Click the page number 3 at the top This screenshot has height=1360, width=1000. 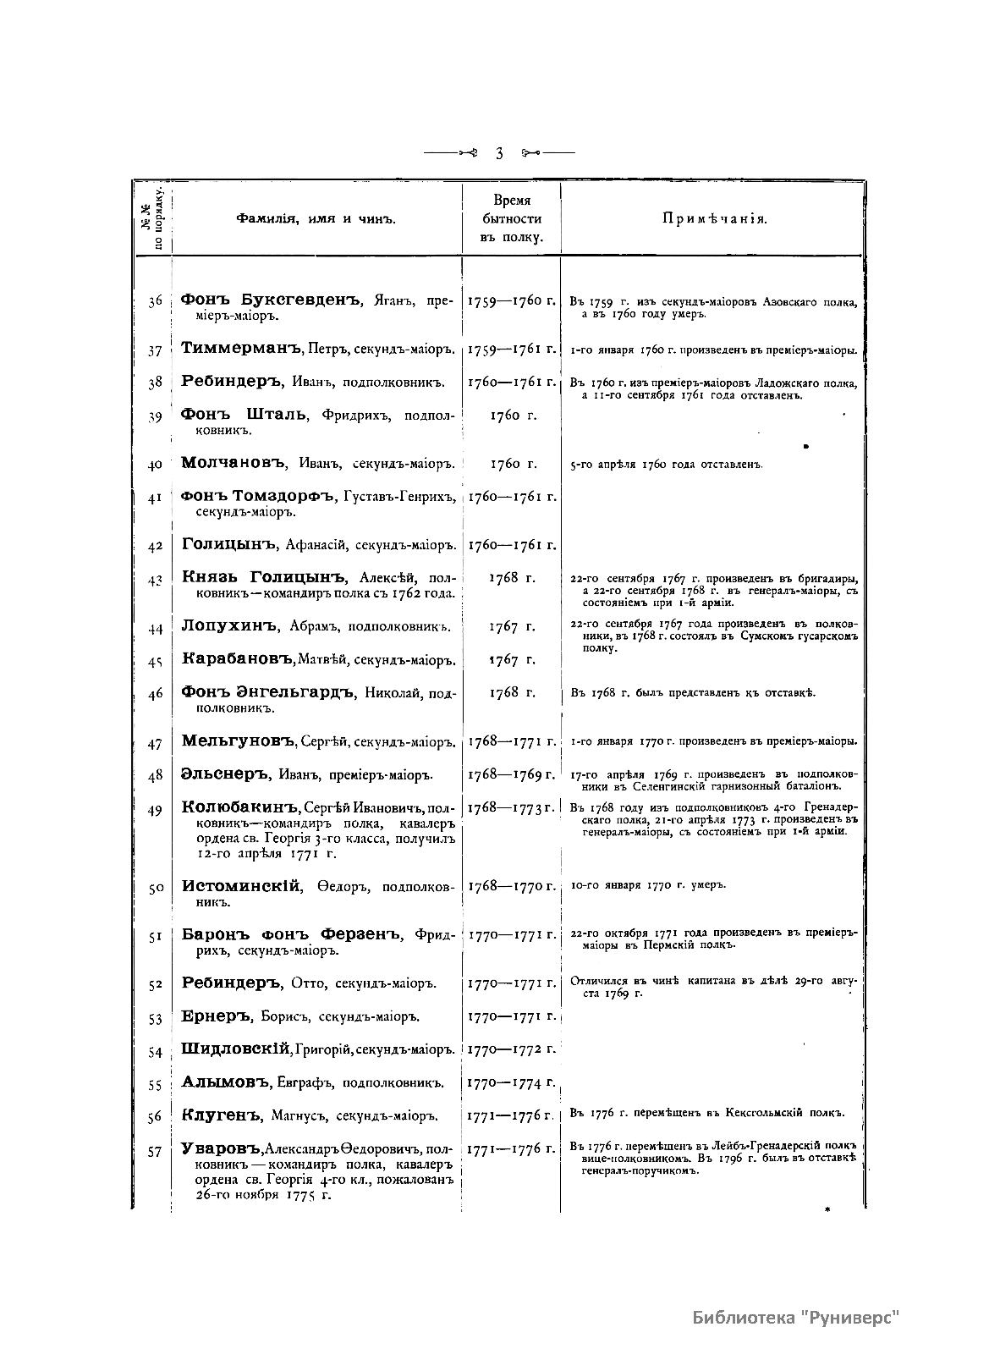499,153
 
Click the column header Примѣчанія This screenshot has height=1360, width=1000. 714,219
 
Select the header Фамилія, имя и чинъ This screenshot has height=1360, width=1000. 316,219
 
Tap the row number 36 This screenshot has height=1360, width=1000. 154,300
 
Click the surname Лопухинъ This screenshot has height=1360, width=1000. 229,626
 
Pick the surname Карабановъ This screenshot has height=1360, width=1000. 237,659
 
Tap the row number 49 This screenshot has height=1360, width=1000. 154,811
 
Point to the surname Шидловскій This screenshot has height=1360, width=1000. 237,1049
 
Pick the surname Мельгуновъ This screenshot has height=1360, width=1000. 239,742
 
